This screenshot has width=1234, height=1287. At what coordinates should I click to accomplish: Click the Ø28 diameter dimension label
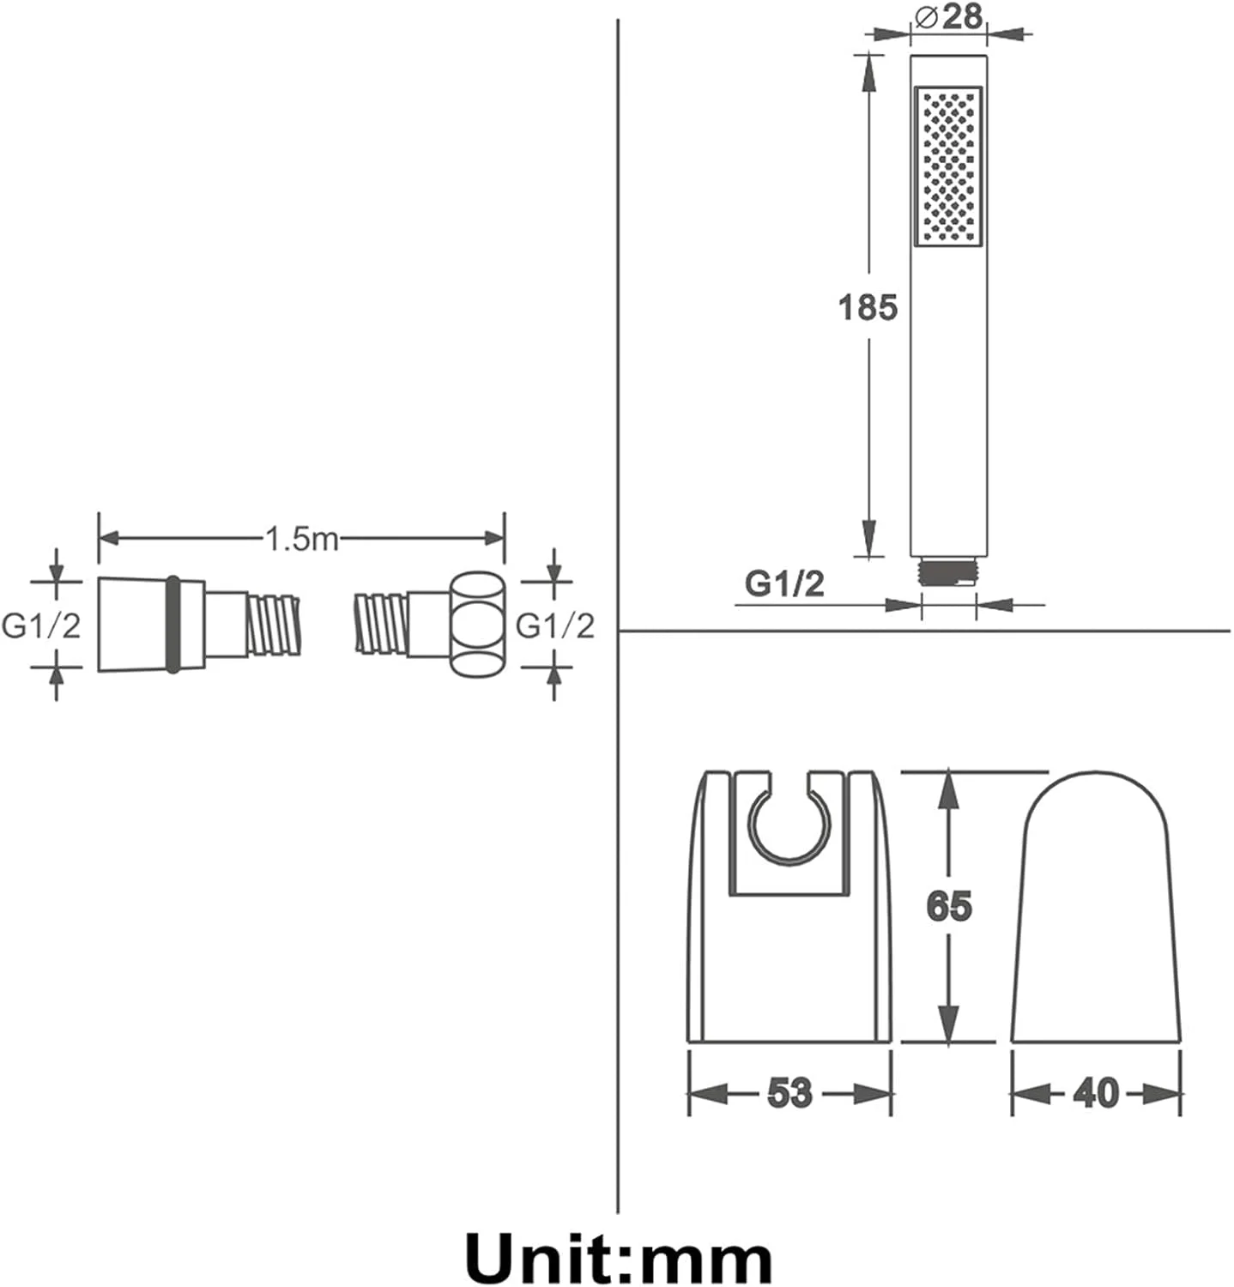949,16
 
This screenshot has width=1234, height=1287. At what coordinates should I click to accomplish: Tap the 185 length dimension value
868,306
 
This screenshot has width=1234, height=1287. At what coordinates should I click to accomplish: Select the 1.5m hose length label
301,539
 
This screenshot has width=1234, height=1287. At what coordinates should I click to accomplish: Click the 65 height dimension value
949,906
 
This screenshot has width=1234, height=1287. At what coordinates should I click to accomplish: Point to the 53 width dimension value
789,1093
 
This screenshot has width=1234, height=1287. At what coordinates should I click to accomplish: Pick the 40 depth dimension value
1096,1093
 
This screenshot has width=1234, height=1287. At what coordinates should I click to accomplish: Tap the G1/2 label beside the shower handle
784,583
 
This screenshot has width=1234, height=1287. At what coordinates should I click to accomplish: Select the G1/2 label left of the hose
41,626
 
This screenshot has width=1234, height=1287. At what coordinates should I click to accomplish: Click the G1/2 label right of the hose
554,626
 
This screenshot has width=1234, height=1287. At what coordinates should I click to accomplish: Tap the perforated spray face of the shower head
948,166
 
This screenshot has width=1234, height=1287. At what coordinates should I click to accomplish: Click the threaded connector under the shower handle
948,572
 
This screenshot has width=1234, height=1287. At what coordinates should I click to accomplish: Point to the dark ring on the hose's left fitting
172,624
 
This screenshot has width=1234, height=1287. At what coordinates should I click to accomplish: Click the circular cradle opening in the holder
790,822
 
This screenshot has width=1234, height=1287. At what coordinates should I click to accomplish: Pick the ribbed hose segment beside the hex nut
382,624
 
